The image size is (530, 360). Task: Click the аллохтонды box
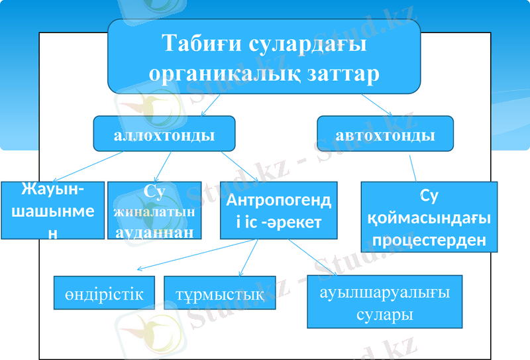click(x=164, y=136)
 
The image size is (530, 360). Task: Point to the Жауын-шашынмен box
click(x=52, y=210)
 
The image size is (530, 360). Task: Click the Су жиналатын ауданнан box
click(x=154, y=210)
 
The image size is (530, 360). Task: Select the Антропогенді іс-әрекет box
click(x=278, y=210)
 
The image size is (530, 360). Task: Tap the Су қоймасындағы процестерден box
click(x=429, y=217)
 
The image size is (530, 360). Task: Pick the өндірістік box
click(x=104, y=293)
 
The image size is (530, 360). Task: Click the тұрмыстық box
click(x=219, y=293)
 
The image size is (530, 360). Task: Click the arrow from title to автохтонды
click(x=376, y=103)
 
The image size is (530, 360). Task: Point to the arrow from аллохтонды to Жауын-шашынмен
click(x=85, y=166)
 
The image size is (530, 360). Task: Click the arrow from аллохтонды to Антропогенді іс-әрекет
click(x=240, y=166)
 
